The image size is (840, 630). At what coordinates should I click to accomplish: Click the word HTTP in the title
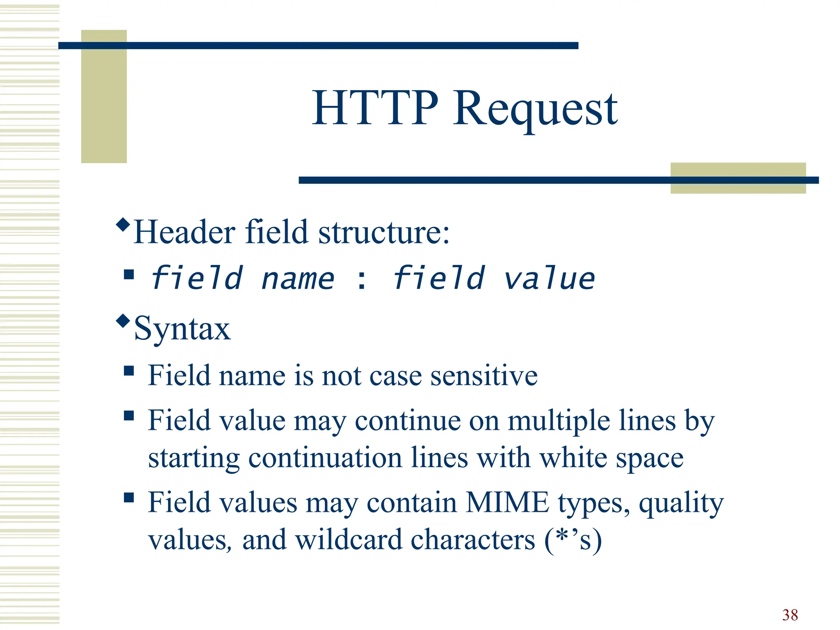click(375, 108)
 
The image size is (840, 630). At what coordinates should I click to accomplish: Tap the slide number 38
click(790, 615)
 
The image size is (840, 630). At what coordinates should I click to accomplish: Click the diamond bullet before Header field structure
click(123, 225)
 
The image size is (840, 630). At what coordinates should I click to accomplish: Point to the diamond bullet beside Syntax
click(123, 320)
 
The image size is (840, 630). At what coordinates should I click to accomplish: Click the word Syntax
click(182, 329)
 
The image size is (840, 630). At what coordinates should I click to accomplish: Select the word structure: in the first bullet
click(384, 232)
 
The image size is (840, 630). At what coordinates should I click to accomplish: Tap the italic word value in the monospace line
click(548, 279)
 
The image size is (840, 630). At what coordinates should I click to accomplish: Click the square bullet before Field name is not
click(129, 371)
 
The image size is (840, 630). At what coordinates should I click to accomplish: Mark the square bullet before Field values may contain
click(129, 498)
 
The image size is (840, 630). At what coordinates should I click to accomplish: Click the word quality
click(681, 504)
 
